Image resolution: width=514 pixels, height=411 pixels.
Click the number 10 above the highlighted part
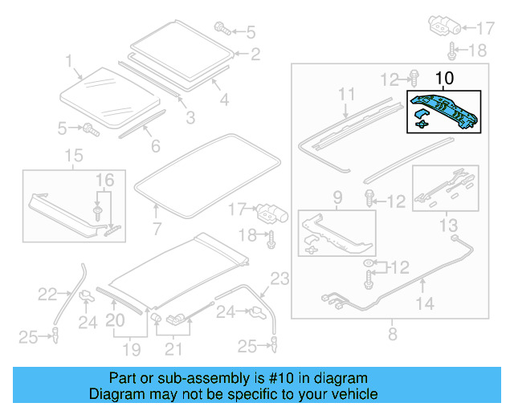click(x=444, y=79)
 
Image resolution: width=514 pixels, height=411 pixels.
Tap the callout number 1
click(x=69, y=60)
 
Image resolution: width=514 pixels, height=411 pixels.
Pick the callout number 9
click(x=337, y=197)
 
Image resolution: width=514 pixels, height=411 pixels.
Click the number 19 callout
click(x=131, y=349)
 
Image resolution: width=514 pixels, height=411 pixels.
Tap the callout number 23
click(x=279, y=280)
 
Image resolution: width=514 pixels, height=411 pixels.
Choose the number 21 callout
click(x=173, y=349)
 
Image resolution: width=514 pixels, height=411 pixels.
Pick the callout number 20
click(x=116, y=322)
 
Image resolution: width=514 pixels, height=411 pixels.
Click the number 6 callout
click(x=155, y=146)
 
